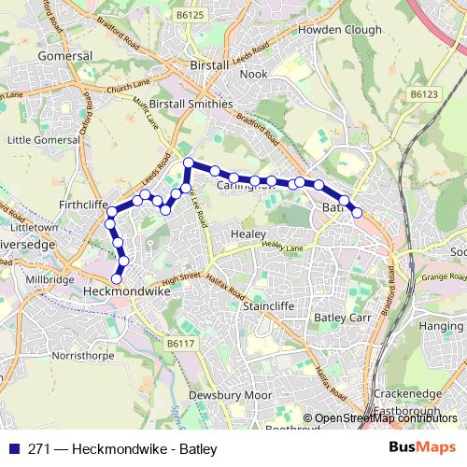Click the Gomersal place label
tap(63, 56)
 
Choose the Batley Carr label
tap(343, 319)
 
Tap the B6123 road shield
tap(426, 94)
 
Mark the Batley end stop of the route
tap(356, 212)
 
